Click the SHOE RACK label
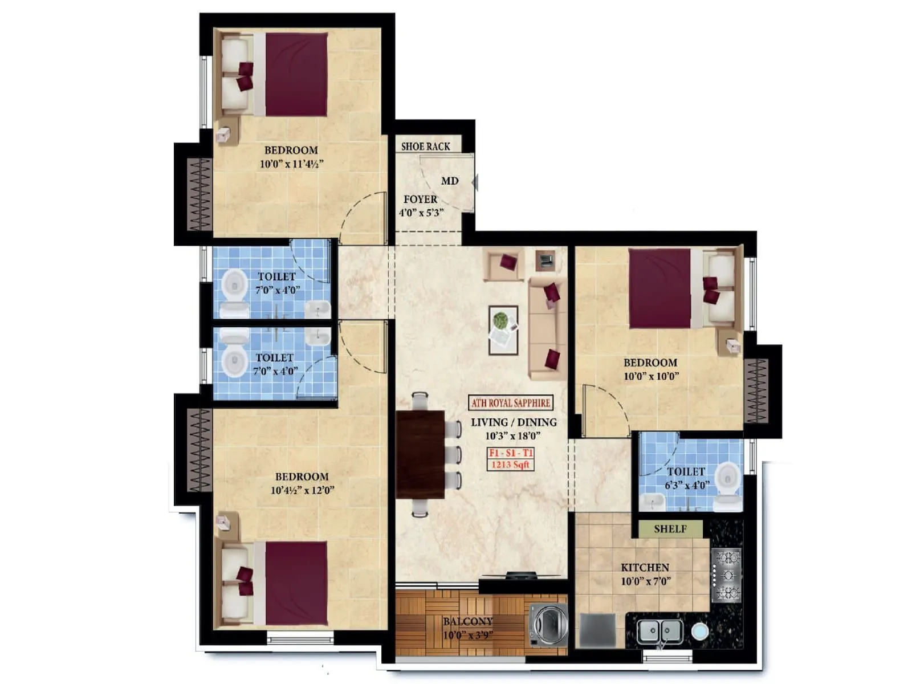pos(425,146)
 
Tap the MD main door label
pos(449,181)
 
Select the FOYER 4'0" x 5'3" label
pos(421,206)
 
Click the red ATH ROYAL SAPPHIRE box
pos(511,403)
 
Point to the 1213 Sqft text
pos(511,465)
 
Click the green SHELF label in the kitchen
pos(670,529)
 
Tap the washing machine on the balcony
pos(548,625)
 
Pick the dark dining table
pos(421,454)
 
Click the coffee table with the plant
pos(503,331)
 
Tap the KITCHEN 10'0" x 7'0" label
pos(645,574)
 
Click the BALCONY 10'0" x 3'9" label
pos(468,628)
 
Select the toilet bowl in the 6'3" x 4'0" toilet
pos(727,484)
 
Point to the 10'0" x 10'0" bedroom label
pos(650,369)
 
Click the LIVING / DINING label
pos(514,422)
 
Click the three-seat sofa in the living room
pos(547,328)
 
